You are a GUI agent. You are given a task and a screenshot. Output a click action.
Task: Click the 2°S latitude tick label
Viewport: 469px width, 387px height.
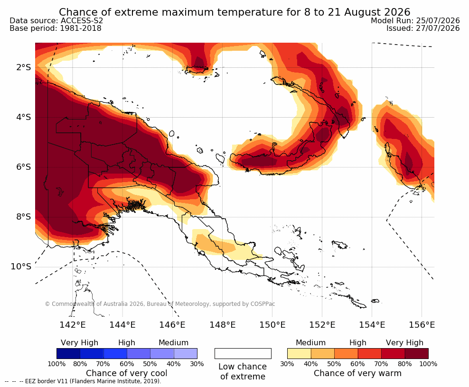tap(24, 67)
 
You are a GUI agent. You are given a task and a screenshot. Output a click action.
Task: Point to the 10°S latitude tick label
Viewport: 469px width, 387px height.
tap(21, 267)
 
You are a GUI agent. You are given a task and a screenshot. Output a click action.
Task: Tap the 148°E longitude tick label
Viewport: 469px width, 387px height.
tap(223, 324)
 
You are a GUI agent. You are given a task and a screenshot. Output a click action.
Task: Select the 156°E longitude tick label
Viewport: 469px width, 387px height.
tap(422, 324)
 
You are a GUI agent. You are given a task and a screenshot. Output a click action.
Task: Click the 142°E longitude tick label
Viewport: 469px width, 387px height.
tap(73, 324)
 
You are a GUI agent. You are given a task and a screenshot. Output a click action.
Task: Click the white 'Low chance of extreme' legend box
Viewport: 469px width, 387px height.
tap(243, 353)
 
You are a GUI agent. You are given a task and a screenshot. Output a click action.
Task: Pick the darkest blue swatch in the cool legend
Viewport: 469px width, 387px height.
tap(68, 353)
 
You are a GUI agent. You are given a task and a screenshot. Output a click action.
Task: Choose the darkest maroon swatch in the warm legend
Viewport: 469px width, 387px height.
tap(417, 353)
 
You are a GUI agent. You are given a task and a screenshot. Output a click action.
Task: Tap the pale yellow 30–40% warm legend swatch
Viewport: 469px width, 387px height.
tap(299, 353)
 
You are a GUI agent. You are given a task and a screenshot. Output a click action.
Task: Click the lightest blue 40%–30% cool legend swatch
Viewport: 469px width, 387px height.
tap(186, 353)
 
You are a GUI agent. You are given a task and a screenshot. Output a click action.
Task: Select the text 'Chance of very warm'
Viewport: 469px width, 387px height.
tap(357, 373)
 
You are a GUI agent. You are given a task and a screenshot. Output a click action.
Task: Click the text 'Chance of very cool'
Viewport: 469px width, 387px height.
tap(127, 373)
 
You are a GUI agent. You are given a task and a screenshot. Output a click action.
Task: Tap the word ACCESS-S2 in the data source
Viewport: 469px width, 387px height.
tap(82, 20)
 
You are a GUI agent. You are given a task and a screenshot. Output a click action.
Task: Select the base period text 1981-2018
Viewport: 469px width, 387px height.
tap(81, 28)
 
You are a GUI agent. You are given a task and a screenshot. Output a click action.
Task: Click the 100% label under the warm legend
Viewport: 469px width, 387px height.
tap(428, 364)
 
